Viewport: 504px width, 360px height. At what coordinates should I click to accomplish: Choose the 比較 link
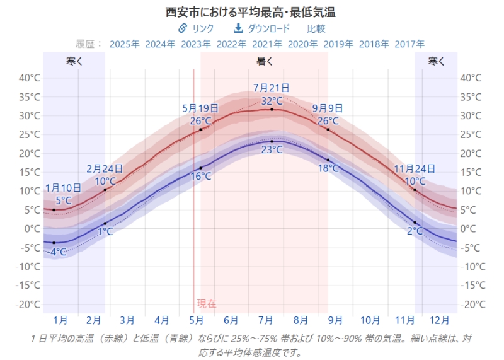(316, 28)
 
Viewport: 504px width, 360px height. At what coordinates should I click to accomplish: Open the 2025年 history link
(124, 44)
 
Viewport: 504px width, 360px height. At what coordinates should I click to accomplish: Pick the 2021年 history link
(267, 44)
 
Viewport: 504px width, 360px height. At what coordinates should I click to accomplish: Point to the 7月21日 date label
(272, 88)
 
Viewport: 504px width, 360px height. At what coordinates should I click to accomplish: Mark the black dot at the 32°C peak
(272, 109)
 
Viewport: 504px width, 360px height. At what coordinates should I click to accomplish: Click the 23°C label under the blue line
(272, 150)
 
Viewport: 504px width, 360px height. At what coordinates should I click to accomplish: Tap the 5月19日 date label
(200, 108)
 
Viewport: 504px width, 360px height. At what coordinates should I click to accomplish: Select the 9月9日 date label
(328, 108)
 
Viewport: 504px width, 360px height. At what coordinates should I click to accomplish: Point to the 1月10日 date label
(63, 188)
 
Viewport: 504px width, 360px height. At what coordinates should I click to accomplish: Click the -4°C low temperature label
(56, 252)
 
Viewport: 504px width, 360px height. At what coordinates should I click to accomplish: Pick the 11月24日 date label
(415, 169)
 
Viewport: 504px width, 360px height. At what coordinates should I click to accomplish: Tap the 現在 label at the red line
(207, 304)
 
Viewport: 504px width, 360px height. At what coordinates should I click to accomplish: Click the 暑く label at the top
(265, 61)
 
